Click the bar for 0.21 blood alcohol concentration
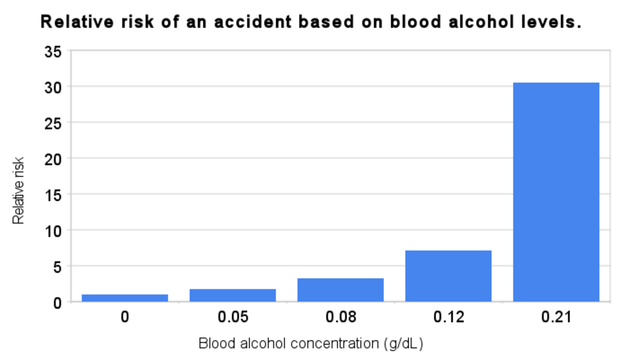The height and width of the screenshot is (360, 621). [556, 192]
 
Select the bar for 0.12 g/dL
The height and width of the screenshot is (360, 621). [448, 276]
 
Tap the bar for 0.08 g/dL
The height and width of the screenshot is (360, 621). [341, 290]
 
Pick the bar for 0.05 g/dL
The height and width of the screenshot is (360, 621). [233, 295]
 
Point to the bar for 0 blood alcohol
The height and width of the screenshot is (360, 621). [125, 297]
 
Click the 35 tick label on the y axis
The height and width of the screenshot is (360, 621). [53, 52]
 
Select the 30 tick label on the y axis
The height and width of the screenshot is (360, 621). [53, 87]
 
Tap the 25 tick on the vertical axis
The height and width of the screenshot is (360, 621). [53, 123]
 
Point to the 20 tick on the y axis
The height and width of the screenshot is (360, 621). [53, 159]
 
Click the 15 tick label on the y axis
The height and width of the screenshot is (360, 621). [53, 195]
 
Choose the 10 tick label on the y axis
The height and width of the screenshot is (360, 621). [53, 231]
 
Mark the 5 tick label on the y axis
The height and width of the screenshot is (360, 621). [57, 266]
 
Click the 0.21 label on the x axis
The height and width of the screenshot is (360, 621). [556, 317]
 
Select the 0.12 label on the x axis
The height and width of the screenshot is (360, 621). [448, 317]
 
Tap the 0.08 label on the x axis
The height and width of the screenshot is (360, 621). [341, 317]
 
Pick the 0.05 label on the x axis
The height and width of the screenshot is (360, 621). [233, 317]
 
